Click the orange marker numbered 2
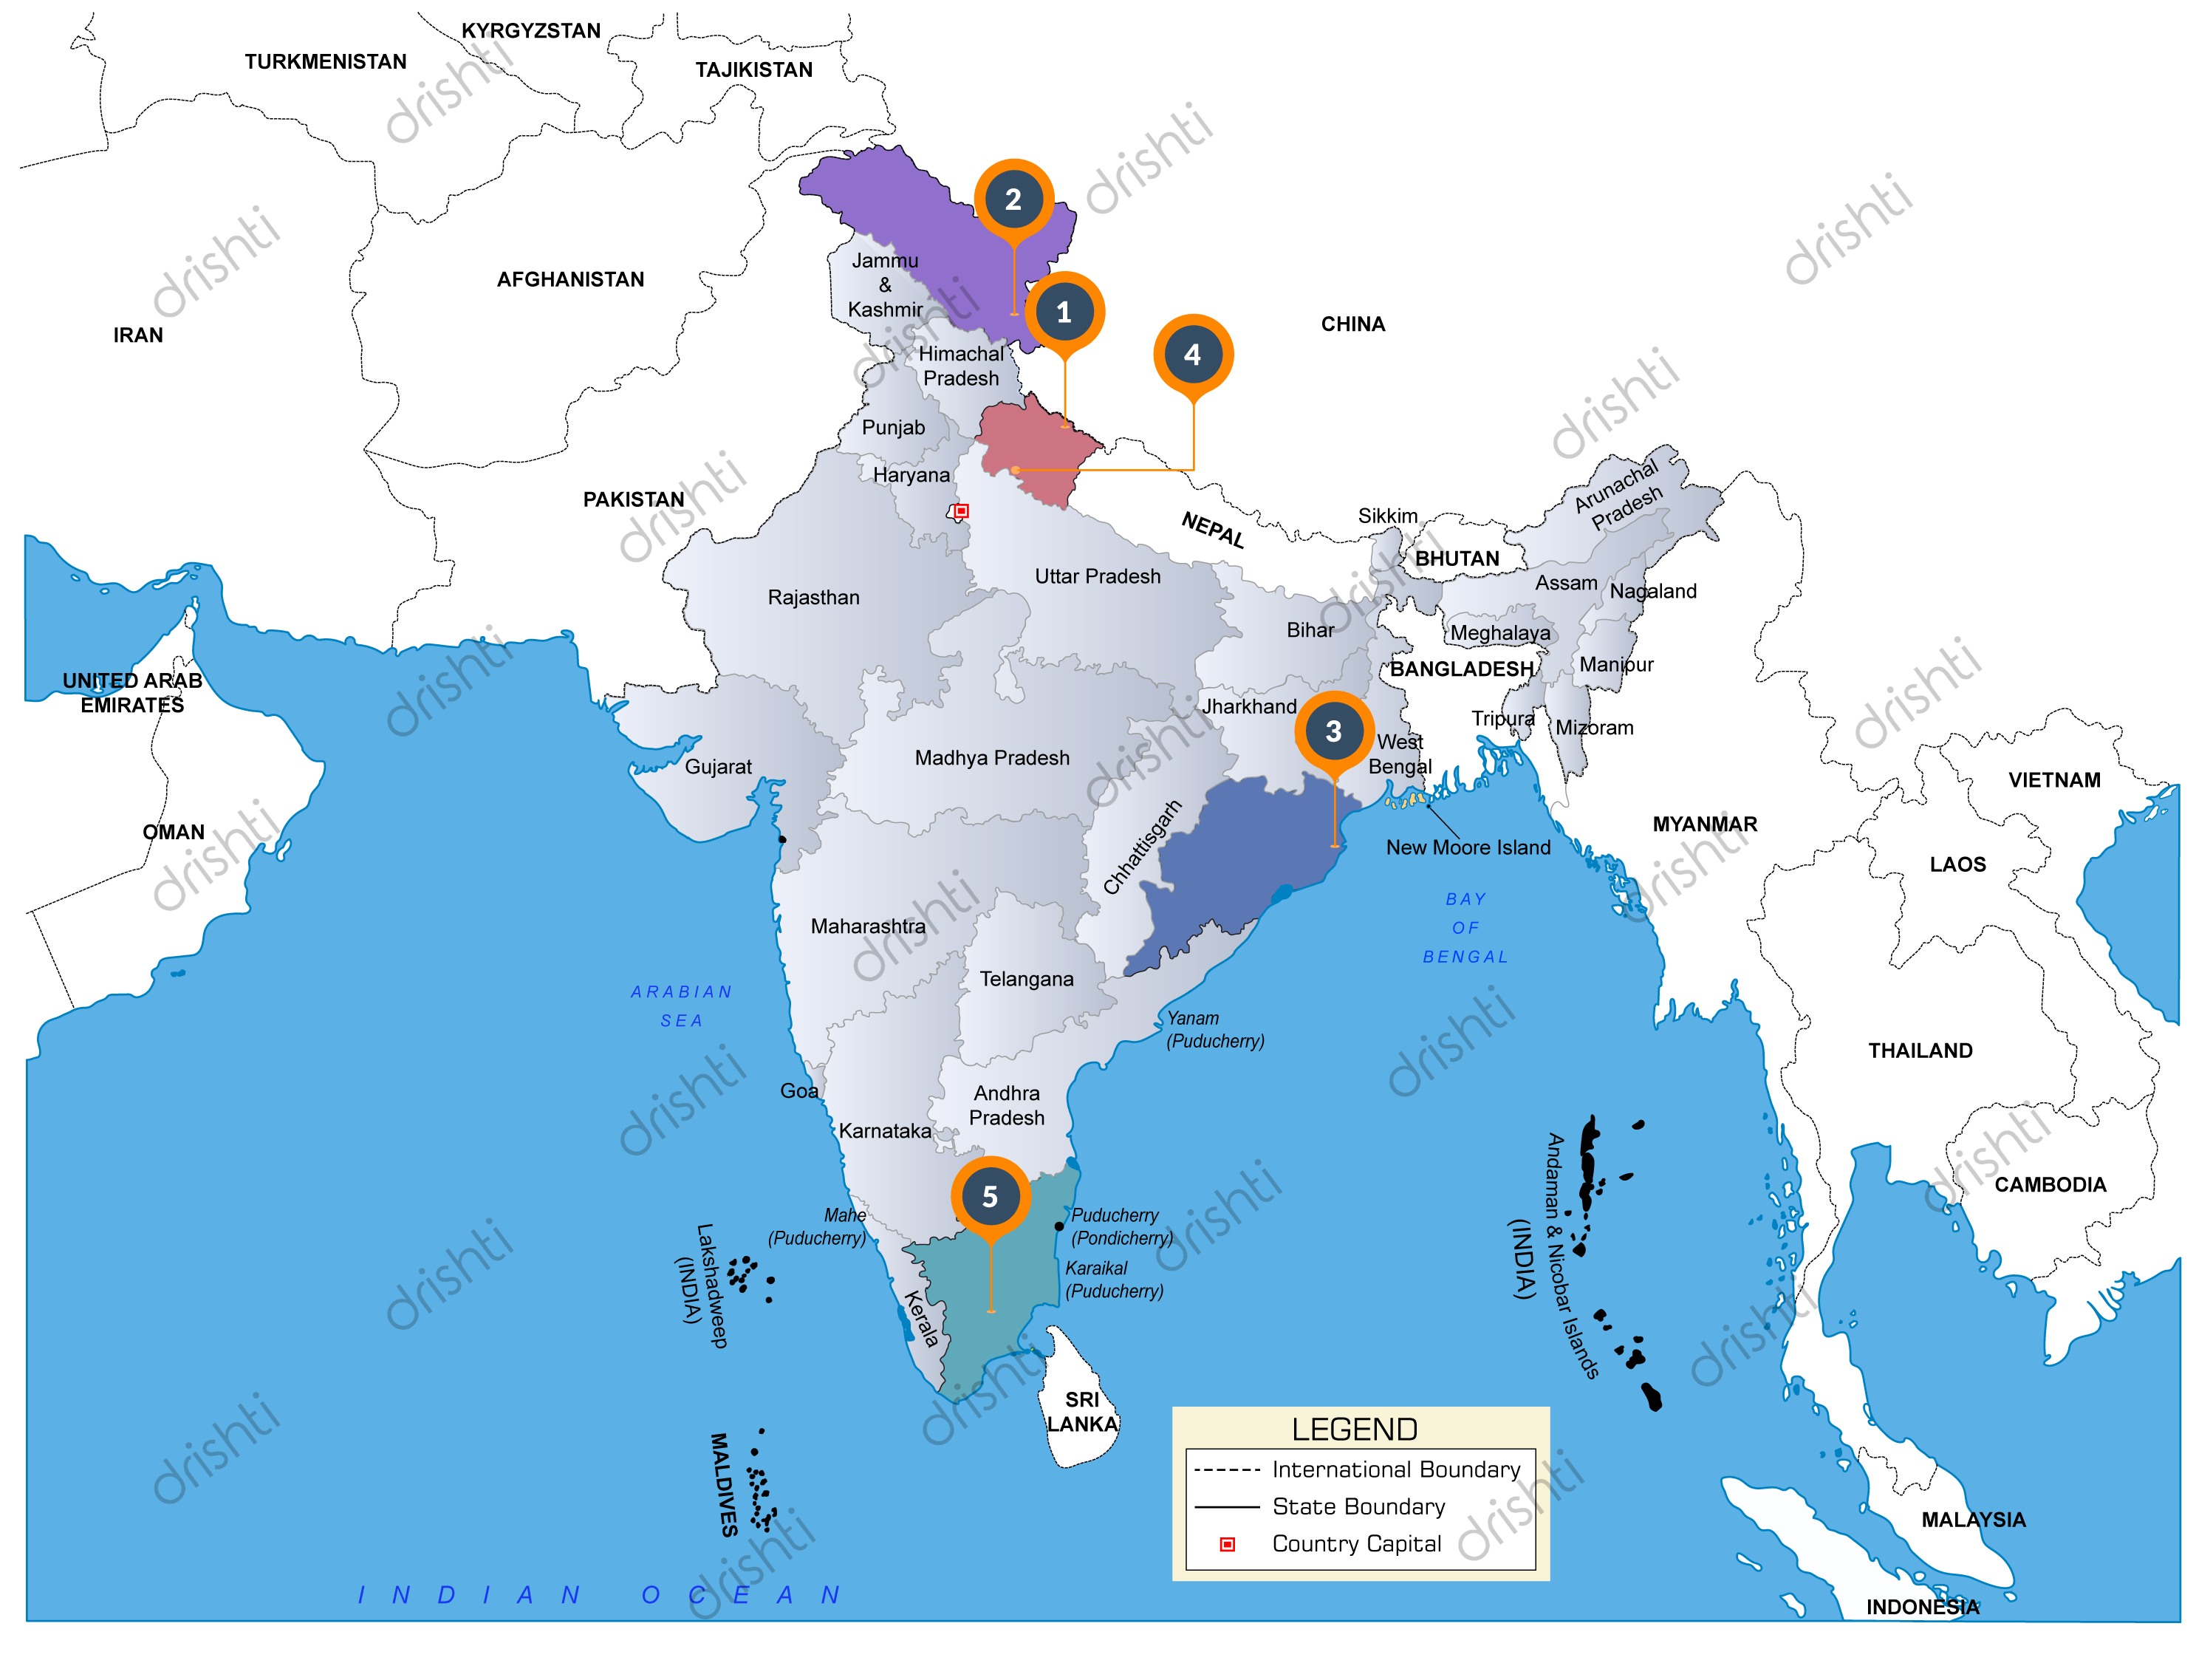1013,199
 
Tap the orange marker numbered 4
1192,355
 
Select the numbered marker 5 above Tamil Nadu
990,1196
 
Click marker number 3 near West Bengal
1333,731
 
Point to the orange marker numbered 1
1063,312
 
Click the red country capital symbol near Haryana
961,511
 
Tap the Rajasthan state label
813,598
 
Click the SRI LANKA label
1082,1412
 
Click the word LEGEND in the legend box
1354,1430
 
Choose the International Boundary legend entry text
1395,1469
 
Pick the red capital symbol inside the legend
1227,1545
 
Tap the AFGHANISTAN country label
569,280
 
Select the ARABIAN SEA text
681,1005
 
